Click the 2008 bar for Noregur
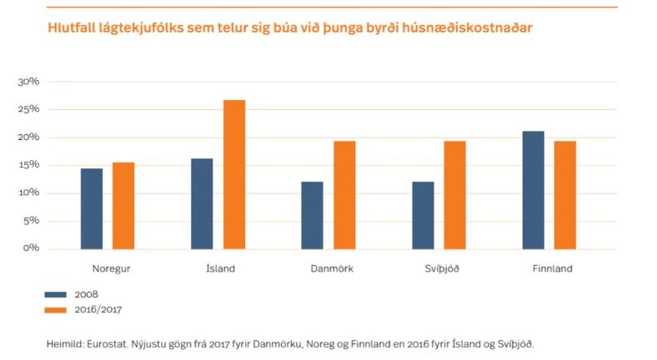click(x=91, y=208)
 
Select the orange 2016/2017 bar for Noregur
click(x=123, y=206)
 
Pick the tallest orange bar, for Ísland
click(x=234, y=174)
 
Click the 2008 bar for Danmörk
click(x=312, y=215)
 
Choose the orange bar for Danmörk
click(x=344, y=195)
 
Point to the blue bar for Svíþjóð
click(x=422, y=215)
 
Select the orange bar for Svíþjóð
click(x=454, y=195)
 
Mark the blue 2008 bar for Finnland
click(x=533, y=190)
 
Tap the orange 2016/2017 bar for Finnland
click(x=565, y=195)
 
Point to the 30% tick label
click(x=29, y=82)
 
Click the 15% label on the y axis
click(x=29, y=165)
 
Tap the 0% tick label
click(x=32, y=248)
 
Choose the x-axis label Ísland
click(x=220, y=268)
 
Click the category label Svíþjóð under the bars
click(x=439, y=268)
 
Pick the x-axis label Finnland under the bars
click(x=552, y=268)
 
